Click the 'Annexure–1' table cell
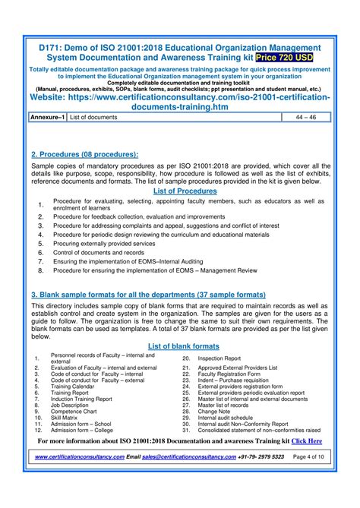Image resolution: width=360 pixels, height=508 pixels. tap(47, 118)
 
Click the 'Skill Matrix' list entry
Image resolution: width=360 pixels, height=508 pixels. tap(64, 417)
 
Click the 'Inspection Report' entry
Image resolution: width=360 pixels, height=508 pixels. tap(219, 358)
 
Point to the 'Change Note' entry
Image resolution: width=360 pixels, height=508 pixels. tap(215, 411)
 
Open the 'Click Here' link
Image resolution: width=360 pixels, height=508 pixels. tap(307, 440)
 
